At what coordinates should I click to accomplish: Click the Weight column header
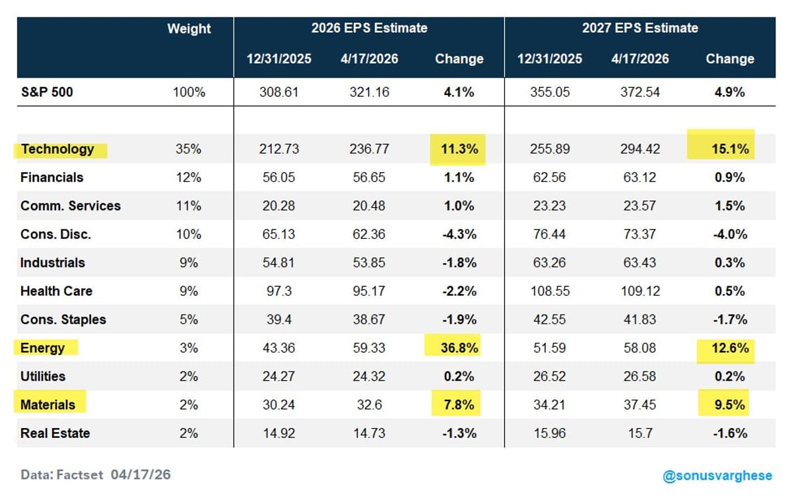coord(189,29)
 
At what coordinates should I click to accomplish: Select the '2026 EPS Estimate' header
coord(369,28)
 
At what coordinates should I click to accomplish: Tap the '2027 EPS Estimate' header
coord(640,28)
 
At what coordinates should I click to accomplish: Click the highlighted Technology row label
coord(57,149)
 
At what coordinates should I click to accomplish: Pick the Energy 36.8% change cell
coord(459,348)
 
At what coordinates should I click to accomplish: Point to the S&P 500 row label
coord(47,92)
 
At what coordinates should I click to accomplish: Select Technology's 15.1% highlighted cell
coord(729,149)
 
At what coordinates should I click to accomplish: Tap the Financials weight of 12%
coord(189,177)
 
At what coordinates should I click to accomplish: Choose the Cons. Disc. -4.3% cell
coord(459,234)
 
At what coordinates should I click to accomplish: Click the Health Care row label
coord(56,291)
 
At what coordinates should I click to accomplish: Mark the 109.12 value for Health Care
coord(640,291)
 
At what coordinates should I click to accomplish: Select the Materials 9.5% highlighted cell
coord(729,404)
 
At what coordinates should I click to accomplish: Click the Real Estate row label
coord(55,433)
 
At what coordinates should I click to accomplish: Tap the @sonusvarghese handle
coord(717,476)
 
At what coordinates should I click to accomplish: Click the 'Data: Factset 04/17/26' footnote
coord(96,474)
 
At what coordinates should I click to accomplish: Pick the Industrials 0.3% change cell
coord(729,263)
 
